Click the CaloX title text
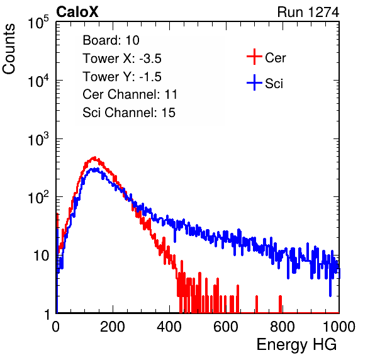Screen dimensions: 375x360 [77, 12]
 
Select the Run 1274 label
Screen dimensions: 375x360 [308, 12]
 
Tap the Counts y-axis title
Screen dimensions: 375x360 [9, 49]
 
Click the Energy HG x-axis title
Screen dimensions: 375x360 [296, 345]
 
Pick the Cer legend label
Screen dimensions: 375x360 [275, 58]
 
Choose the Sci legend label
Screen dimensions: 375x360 [274, 84]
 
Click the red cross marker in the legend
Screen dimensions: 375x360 [254, 57]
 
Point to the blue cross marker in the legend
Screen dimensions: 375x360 [254, 82]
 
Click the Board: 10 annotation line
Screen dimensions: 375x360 [111, 40]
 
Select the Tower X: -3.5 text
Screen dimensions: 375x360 [122, 59]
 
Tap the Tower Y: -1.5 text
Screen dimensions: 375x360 [122, 77]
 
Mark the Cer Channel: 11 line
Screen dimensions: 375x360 [130, 94]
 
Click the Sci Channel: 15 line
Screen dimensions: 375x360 [129, 113]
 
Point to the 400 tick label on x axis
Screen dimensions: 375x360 [169, 327]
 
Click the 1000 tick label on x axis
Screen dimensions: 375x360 [339, 327]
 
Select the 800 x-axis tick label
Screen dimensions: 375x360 [283, 327]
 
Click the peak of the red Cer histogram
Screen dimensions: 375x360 [95, 158]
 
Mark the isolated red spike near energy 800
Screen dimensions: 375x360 [280, 304]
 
